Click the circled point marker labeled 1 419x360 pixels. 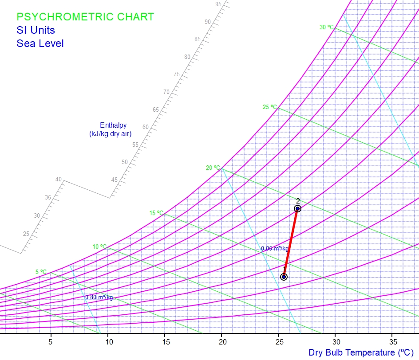[284, 277]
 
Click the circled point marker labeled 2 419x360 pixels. [297, 208]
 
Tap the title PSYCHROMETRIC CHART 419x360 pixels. [85, 17]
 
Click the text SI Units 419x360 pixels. [36, 30]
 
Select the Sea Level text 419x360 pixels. [40, 43]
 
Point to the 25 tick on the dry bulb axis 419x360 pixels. [279, 342]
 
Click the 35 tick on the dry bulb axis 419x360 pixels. [393, 342]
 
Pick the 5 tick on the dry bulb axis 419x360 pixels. [51, 342]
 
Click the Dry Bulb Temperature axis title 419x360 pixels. [363, 352]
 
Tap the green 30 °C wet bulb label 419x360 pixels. [327, 27]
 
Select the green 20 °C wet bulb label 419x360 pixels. [213, 168]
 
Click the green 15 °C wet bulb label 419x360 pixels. [156, 213]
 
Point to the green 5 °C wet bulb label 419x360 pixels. [41, 272]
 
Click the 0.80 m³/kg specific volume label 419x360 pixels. [99, 297]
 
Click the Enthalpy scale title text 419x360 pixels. [111, 129]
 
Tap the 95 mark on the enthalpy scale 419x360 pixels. [218, 4]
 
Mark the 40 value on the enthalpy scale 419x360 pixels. [59, 179]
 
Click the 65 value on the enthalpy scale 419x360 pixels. [156, 110]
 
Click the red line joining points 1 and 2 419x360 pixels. [290, 243]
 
